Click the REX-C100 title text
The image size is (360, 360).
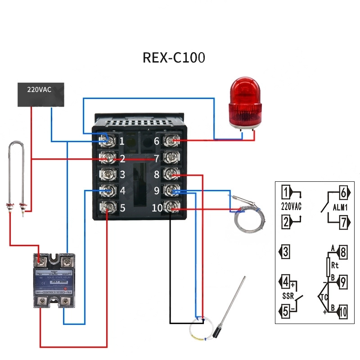coord(174,58)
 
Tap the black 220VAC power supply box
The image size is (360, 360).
coord(40,94)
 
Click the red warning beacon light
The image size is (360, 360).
coord(244,103)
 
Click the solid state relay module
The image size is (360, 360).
coord(54,281)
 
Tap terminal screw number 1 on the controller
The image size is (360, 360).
coord(108,141)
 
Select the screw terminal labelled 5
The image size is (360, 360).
coord(108,207)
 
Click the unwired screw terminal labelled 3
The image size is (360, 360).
coord(108,174)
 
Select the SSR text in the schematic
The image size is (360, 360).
coord(288,297)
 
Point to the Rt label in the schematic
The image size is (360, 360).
coord(334,265)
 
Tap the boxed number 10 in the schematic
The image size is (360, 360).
coord(342,311)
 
